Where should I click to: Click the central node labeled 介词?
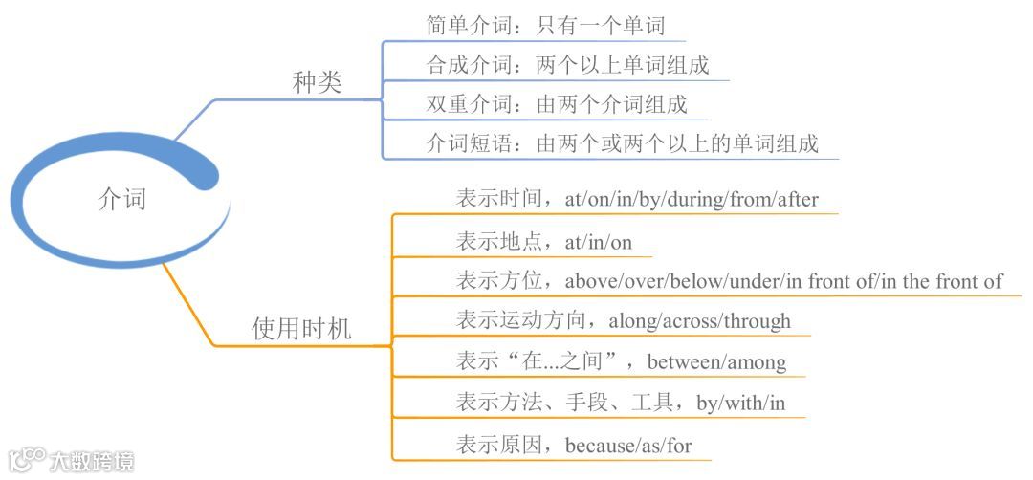point(122,199)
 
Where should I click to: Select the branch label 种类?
point(317,83)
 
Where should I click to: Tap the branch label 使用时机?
point(301,330)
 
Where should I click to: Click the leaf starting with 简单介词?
point(545,25)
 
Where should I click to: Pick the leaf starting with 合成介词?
point(567,65)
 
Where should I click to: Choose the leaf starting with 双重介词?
point(556,103)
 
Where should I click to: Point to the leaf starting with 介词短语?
point(622,144)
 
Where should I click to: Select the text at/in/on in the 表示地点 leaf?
point(599,242)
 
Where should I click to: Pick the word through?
point(758,321)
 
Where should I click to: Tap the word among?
point(758,362)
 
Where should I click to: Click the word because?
point(603,446)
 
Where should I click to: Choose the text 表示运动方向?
point(526,321)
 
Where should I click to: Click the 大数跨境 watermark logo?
point(72,460)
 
